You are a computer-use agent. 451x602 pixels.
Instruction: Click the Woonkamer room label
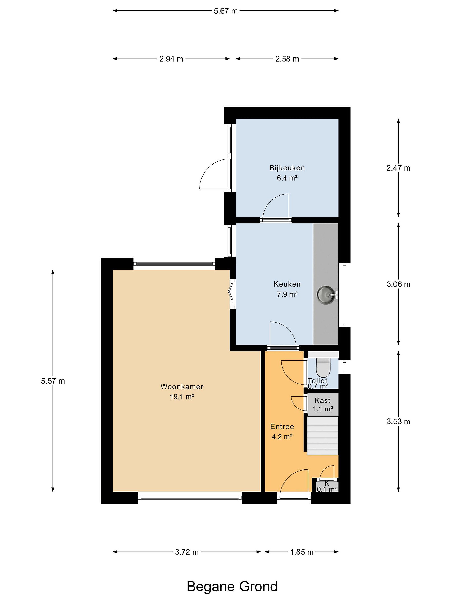(x=182, y=386)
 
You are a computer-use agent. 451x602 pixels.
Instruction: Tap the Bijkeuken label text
(x=287, y=168)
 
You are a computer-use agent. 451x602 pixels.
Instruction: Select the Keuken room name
(x=287, y=284)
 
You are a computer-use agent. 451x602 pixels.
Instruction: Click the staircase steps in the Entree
(x=323, y=435)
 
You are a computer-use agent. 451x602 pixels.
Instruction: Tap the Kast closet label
(x=322, y=400)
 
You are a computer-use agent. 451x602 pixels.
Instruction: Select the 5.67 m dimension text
(x=226, y=11)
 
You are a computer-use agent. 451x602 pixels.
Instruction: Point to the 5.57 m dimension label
(x=53, y=381)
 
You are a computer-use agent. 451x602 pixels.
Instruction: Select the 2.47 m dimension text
(x=398, y=168)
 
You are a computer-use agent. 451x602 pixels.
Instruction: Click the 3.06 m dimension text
(x=398, y=284)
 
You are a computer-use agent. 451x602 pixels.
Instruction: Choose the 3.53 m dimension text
(x=398, y=422)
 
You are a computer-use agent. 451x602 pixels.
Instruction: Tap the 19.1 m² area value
(x=182, y=397)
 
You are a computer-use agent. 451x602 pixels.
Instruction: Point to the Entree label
(x=282, y=426)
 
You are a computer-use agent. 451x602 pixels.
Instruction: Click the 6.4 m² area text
(x=287, y=178)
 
